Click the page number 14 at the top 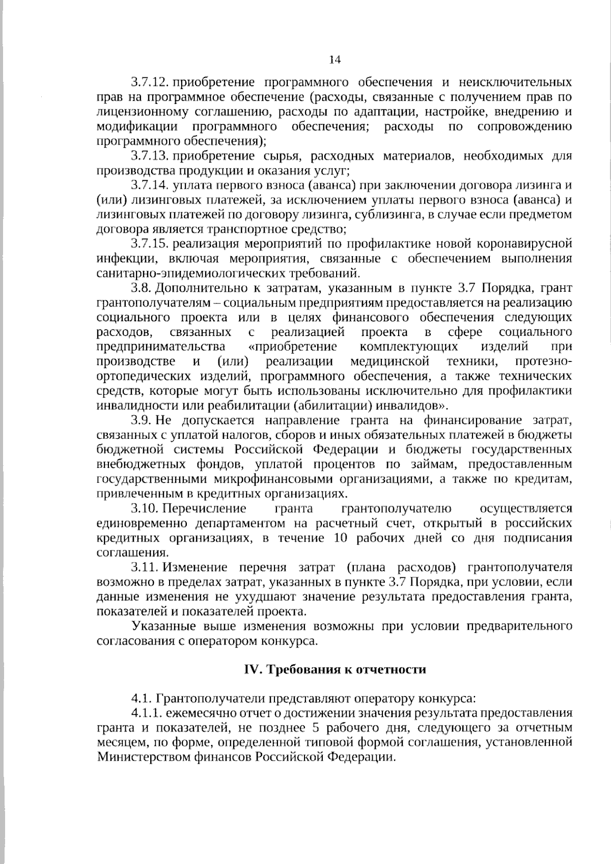click(x=334, y=60)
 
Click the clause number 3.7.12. click(x=149, y=82)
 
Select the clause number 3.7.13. click(x=149, y=155)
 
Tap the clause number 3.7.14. click(x=149, y=185)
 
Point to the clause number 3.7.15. click(x=149, y=243)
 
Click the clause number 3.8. click(x=141, y=288)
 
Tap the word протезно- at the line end click(x=543, y=361)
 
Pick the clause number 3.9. click(x=141, y=421)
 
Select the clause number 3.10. click(x=145, y=509)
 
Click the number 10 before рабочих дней click(x=341, y=538)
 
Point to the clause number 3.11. click(x=145, y=568)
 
